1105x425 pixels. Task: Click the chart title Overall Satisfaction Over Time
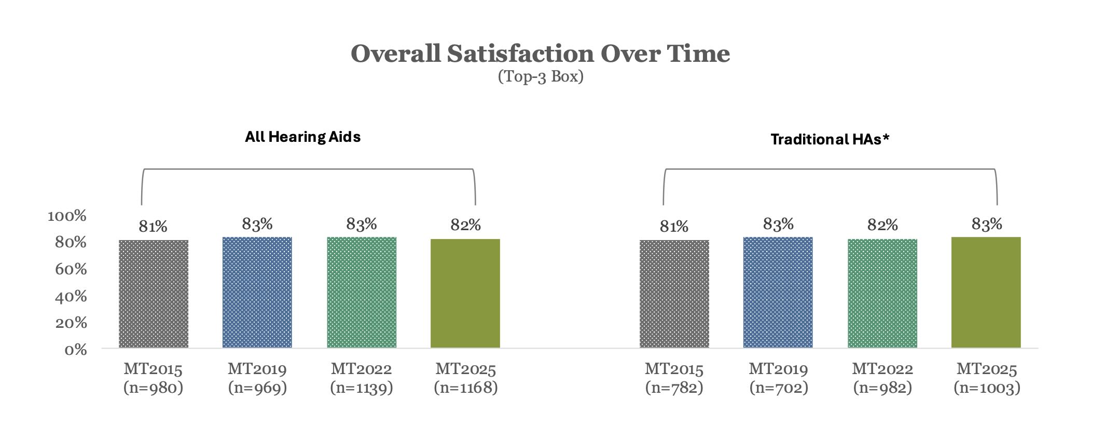[540, 54]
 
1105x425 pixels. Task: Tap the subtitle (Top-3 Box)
[540, 77]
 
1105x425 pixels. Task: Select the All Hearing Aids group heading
[302, 137]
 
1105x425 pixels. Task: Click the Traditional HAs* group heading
[830, 139]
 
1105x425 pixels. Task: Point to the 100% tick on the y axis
[67, 216]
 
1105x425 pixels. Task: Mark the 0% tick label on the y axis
[75, 350]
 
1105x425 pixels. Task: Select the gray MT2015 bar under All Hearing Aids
[154, 294]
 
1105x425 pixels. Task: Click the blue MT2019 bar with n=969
[257, 292]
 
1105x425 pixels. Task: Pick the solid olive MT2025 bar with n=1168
[465, 293]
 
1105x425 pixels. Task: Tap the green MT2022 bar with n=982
[882, 293]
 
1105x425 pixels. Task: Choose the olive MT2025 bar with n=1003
[986, 292]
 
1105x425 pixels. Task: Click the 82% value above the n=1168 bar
[465, 225]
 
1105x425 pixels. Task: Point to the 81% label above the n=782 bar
[674, 227]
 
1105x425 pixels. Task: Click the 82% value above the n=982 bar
[882, 225]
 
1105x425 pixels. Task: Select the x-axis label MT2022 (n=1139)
[361, 378]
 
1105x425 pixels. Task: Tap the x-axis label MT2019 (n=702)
[778, 378]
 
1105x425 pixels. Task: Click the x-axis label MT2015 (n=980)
[154, 378]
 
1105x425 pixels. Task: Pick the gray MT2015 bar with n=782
[674, 294]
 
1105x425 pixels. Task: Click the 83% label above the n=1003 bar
[986, 224]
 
